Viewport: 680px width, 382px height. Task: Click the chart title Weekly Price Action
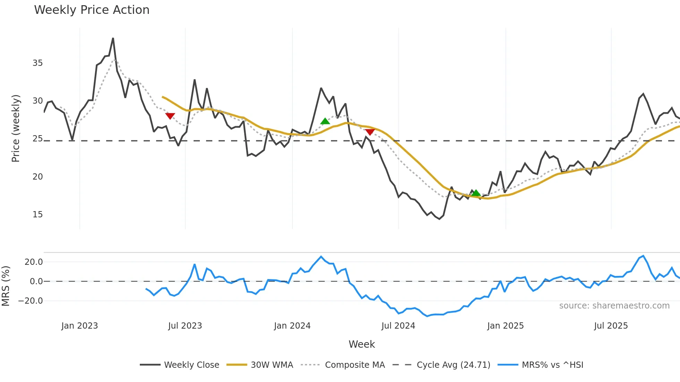92,10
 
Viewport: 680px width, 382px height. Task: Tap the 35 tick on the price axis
37,63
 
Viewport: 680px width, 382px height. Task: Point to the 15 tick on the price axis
37,215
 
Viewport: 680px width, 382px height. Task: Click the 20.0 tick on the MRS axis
34,262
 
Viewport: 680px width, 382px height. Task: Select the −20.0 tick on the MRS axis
31,301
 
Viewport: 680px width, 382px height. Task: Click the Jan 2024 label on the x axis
292,326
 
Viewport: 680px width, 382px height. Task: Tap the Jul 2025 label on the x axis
611,326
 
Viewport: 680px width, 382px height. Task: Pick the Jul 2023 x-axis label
185,326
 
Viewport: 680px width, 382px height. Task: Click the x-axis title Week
362,344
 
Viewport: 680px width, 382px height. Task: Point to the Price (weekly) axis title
16,128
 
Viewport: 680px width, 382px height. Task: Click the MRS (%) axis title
6,286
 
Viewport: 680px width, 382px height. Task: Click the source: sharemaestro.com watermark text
614,306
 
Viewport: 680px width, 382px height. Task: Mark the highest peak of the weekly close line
113,38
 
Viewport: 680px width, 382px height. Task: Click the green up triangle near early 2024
325,121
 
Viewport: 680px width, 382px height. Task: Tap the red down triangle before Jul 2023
170,116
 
